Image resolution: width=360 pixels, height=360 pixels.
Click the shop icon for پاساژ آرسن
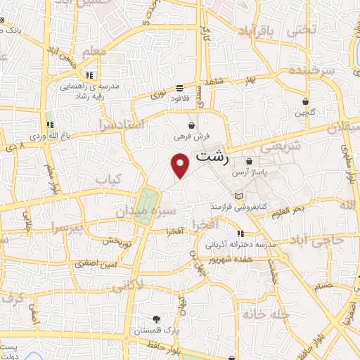tap(250, 162)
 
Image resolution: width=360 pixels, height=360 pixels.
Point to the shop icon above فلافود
tap(180, 89)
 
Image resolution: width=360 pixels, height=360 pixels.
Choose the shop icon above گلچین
tap(305, 101)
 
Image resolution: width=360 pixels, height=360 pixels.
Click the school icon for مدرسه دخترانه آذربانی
tap(240, 233)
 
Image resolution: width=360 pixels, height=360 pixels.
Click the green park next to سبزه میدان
tap(146, 206)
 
